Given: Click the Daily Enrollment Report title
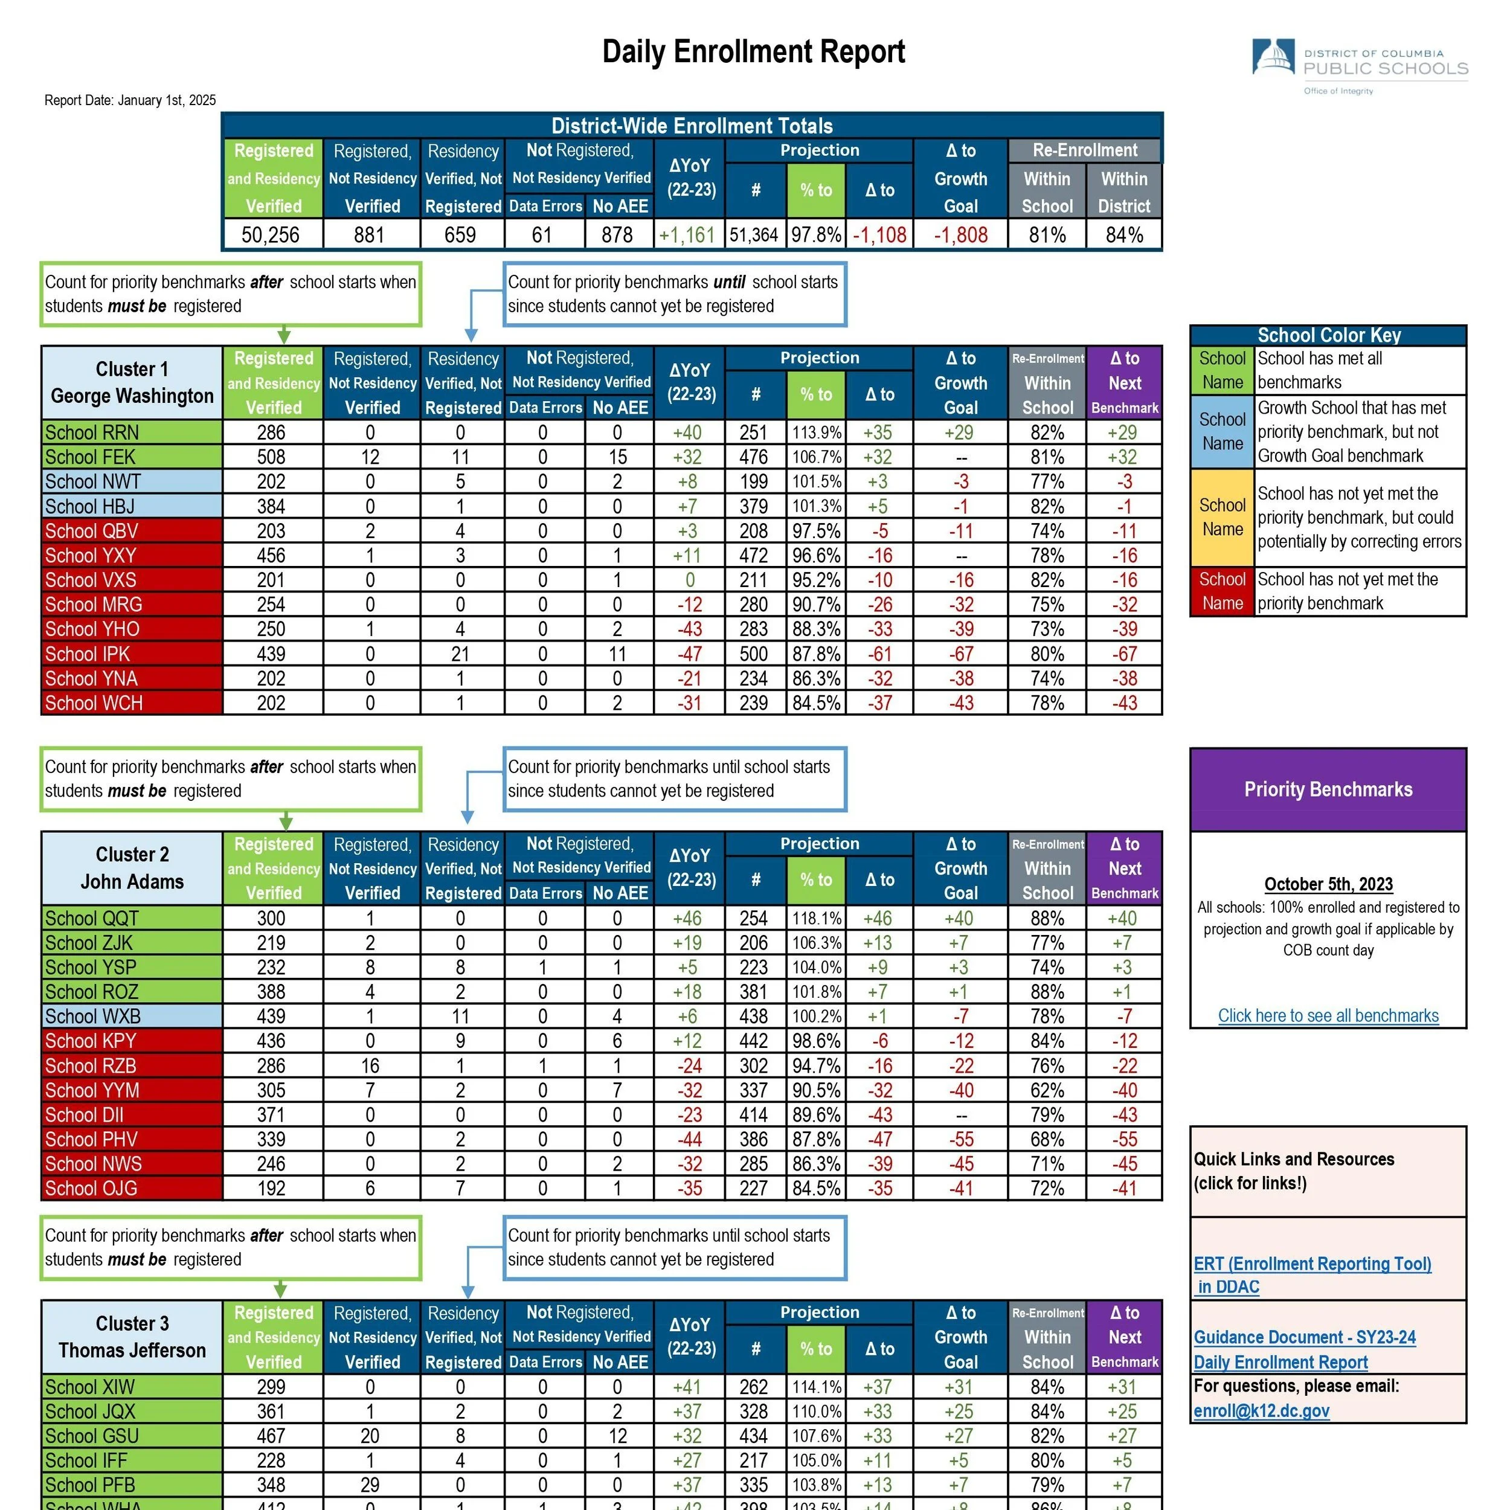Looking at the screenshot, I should pos(753,51).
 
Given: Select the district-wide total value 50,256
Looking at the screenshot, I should pos(271,234).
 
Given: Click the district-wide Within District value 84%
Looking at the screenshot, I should pos(1124,234).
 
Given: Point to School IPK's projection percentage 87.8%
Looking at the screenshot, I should pos(816,654).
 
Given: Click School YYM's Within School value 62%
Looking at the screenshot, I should pos(1047,1090).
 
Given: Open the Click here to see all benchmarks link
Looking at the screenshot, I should pos(1328,1015).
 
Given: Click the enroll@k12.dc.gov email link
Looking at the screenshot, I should pos(1262,1411).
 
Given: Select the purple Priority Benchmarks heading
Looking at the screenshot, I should pos(1328,789).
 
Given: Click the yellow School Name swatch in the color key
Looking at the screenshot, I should pos(1222,518).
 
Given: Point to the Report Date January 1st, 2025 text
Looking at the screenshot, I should pos(130,100).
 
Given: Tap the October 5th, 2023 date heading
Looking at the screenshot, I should pos(1328,884).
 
